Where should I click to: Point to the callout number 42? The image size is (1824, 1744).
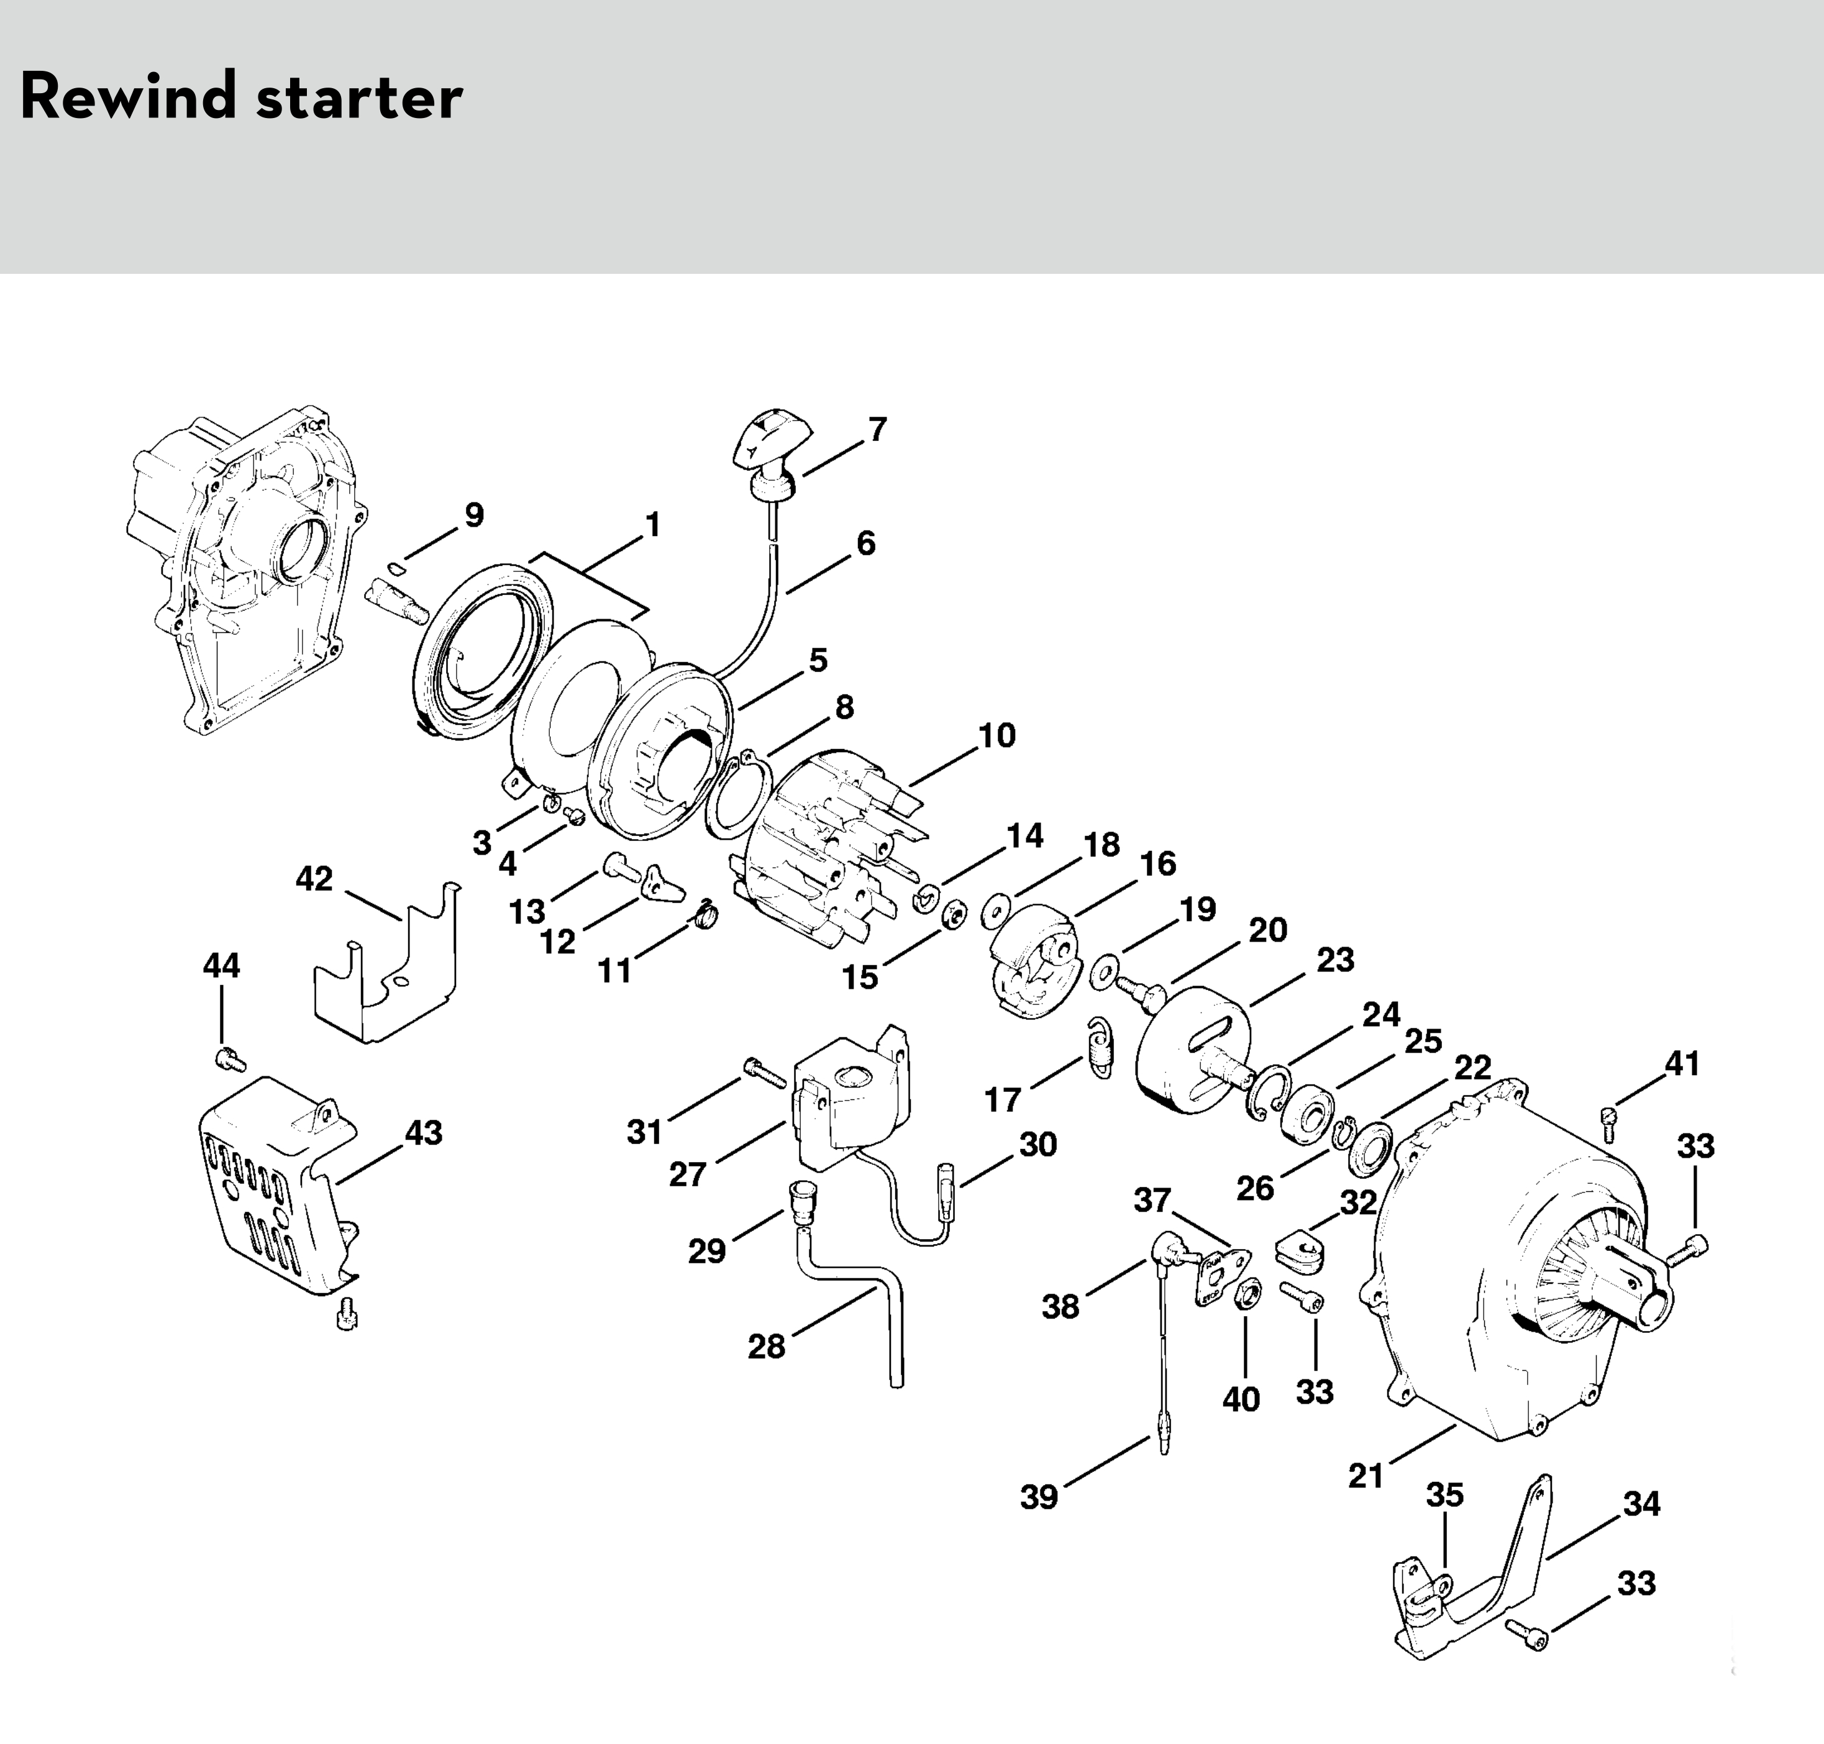tap(314, 878)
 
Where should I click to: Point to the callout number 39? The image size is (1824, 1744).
tap(1039, 1497)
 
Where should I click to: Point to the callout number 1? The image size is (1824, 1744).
tap(654, 525)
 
